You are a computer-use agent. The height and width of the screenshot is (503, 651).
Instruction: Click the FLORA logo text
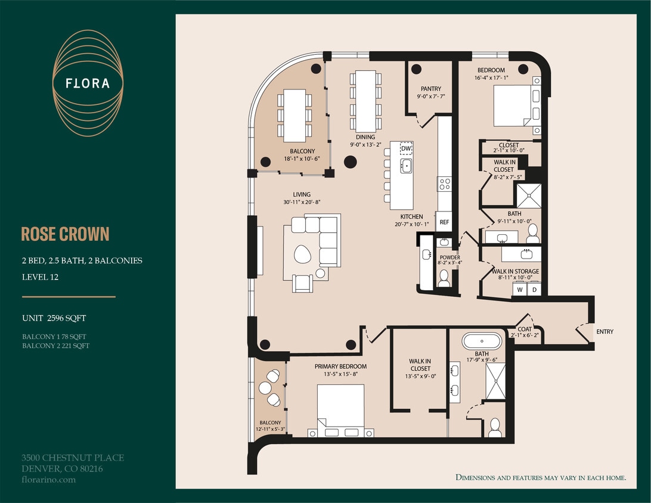[x=88, y=83]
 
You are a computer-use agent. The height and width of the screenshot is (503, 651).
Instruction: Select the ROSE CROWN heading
[x=65, y=234]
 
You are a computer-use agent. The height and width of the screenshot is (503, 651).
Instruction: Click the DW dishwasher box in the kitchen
[x=406, y=148]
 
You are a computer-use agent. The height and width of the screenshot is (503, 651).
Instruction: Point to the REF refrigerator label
[x=444, y=222]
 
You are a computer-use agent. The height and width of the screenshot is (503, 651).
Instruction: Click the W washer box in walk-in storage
[x=520, y=290]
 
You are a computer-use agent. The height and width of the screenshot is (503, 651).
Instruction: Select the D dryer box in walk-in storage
[x=535, y=290]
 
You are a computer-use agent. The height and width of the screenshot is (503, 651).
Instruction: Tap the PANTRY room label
[x=430, y=89]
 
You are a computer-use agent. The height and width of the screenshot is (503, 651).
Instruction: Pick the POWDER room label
[x=449, y=257]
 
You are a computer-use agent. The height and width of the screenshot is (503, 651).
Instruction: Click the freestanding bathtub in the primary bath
[x=482, y=341]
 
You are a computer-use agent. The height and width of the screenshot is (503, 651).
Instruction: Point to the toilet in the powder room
[x=444, y=278]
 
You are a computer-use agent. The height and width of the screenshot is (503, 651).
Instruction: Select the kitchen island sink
[x=407, y=165]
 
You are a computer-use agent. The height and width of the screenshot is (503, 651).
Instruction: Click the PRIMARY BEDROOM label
[x=340, y=367]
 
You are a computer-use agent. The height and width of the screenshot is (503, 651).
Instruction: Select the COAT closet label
[x=524, y=329]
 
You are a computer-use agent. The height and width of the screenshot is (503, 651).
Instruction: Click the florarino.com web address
[x=48, y=479]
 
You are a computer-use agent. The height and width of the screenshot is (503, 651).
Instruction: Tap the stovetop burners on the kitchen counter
[x=445, y=184]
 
